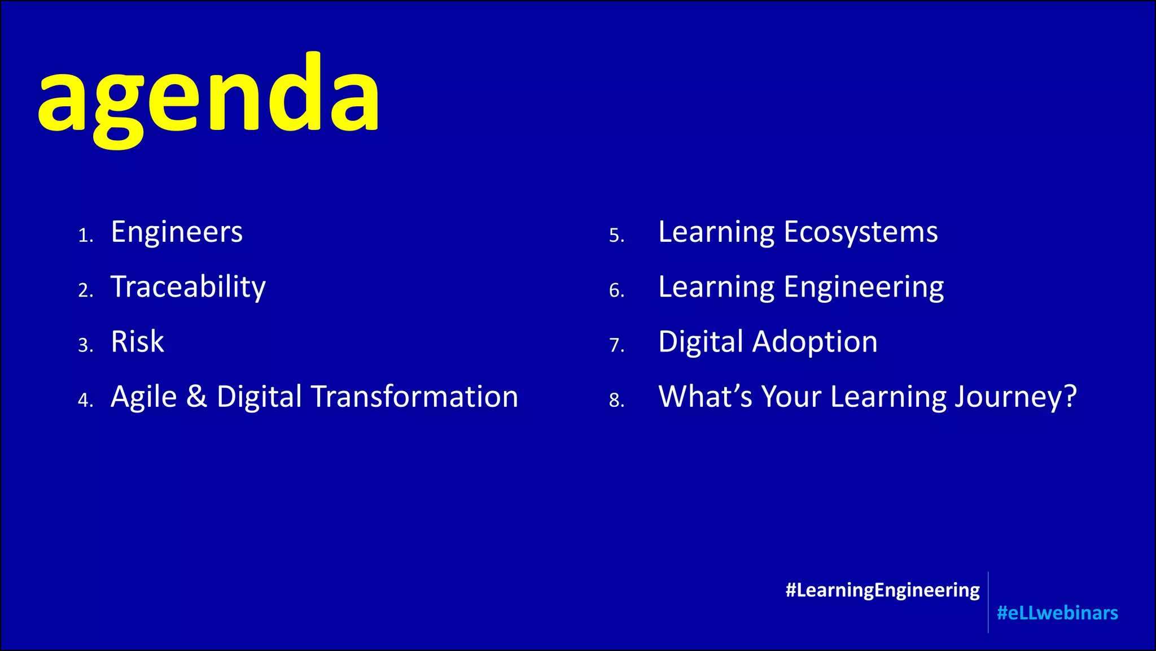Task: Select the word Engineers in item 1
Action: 177,232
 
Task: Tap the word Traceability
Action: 188,287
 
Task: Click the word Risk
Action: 137,342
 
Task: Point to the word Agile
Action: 143,397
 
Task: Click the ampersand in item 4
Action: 196,396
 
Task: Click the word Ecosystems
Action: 860,232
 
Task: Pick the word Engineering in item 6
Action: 864,287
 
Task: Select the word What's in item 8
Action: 705,396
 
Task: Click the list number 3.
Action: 85,345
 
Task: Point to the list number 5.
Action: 616,235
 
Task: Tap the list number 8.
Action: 616,400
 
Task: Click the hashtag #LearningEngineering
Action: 882,590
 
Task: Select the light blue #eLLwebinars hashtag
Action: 1057,613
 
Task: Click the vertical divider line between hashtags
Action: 988,602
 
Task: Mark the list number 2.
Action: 85,290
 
